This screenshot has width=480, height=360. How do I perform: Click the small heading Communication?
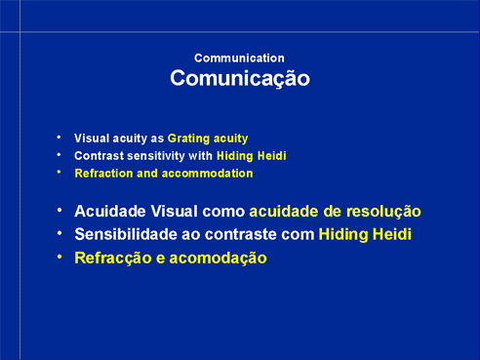(239, 59)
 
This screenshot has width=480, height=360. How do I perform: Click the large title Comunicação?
(240, 79)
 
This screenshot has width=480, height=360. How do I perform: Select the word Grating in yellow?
(188, 139)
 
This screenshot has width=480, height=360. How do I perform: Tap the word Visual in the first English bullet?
(92, 139)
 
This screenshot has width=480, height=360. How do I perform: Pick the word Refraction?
(103, 174)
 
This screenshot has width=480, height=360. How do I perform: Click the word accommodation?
(207, 174)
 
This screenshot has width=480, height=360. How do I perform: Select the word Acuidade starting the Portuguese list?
(110, 212)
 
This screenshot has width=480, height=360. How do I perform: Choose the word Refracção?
(113, 259)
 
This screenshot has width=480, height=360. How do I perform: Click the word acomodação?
(218, 259)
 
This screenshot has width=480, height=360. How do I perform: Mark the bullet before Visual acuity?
(59, 138)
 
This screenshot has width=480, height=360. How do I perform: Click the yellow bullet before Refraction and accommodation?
(59, 173)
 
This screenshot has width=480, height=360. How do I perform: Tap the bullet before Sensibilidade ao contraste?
(60, 233)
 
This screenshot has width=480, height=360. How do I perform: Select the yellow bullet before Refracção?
(60, 257)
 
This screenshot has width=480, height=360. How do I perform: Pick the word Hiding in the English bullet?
(235, 156)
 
